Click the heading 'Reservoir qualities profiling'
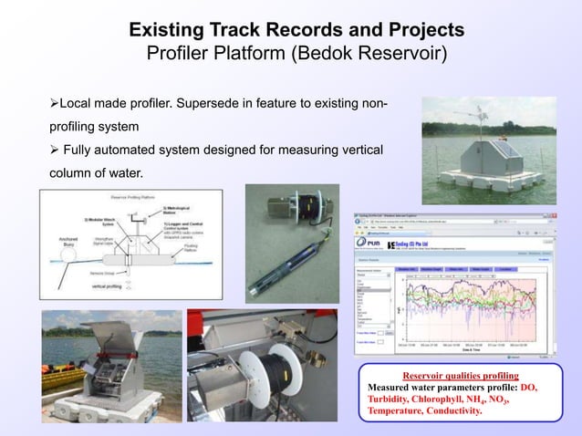[460, 375]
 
